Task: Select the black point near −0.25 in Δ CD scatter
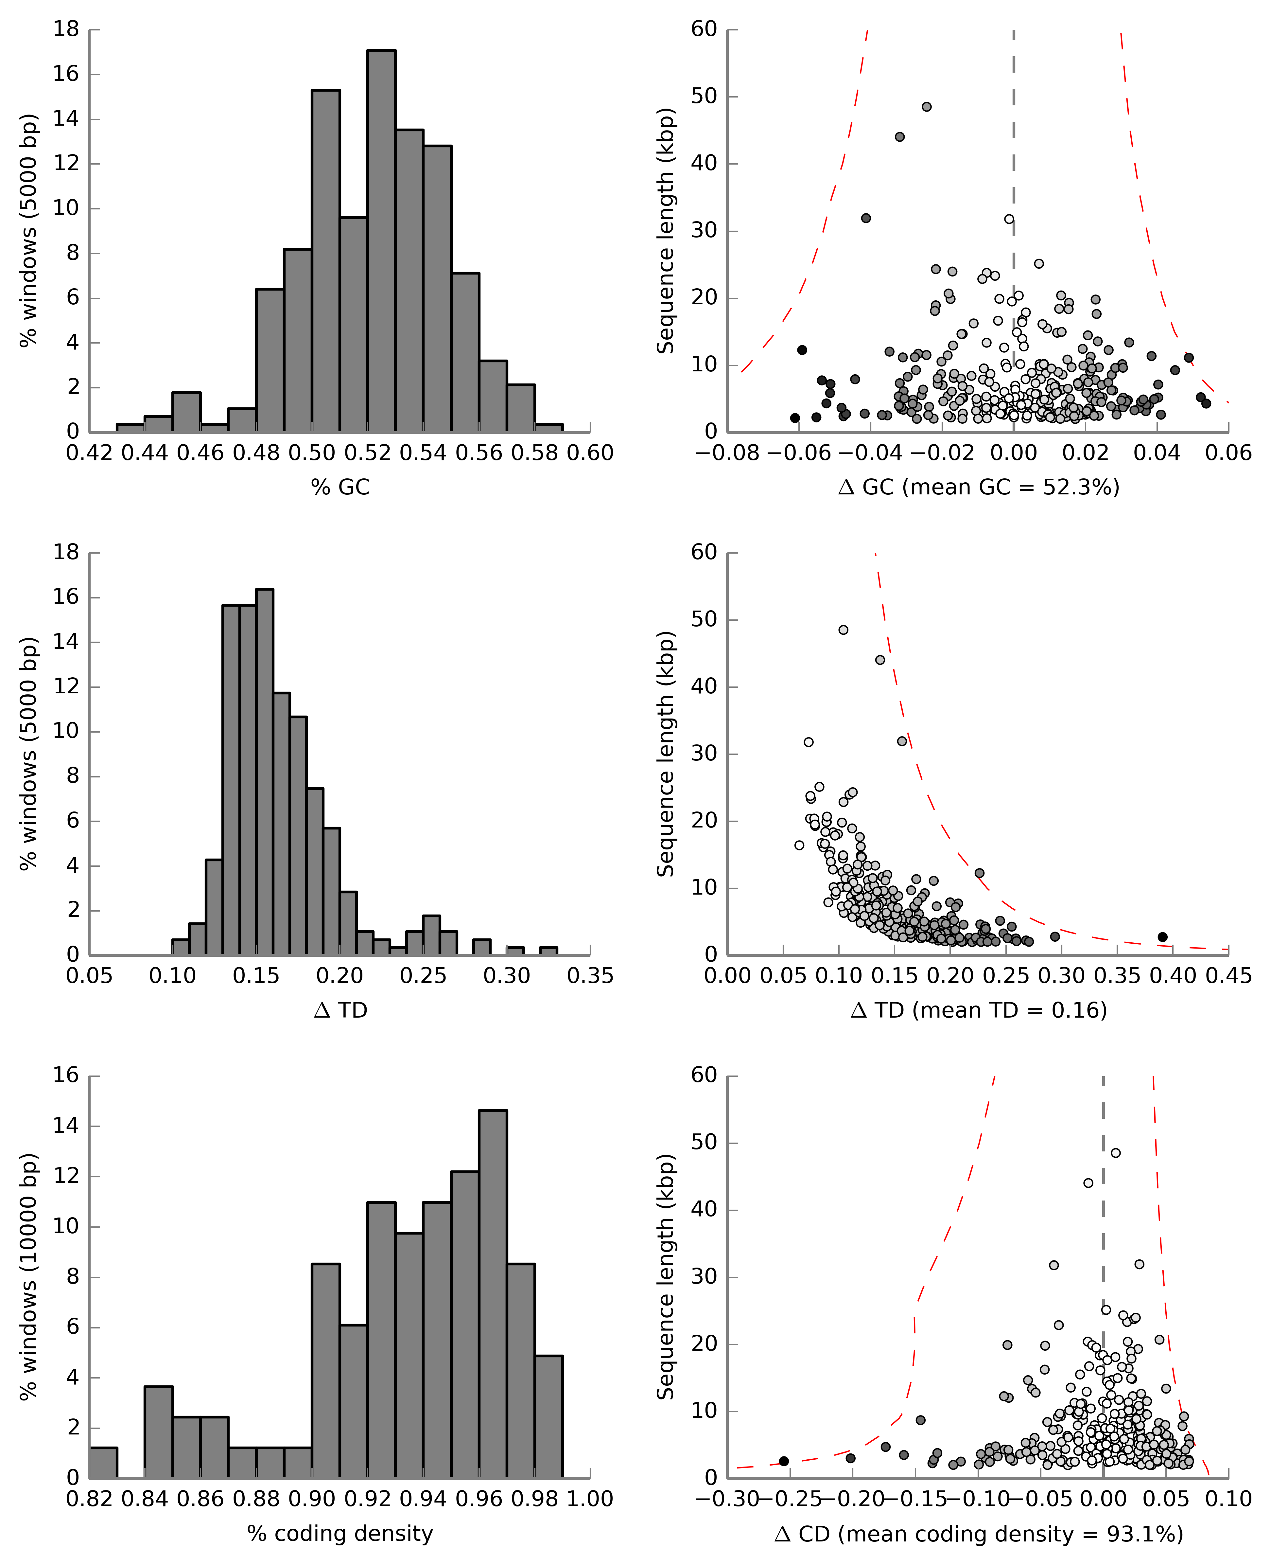(x=784, y=1461)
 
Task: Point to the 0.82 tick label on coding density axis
(x=89, y=1499)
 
